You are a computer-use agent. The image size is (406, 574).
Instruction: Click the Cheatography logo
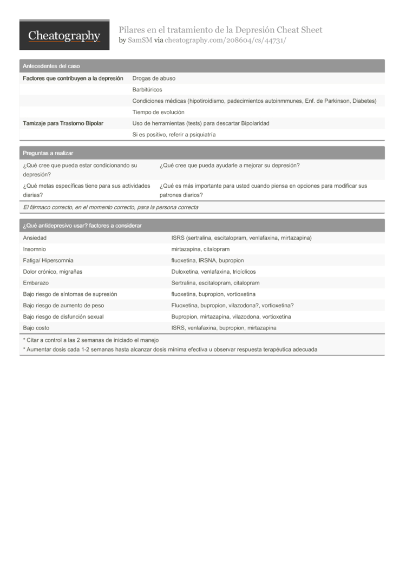click(64, 36)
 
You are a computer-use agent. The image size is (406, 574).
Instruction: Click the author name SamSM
click(140, 41)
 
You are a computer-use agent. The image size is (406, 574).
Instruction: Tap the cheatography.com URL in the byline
click(225, 41)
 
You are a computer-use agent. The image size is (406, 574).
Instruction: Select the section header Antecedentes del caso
click(51, 66)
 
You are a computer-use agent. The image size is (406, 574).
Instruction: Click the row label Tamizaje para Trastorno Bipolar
click(63, 123)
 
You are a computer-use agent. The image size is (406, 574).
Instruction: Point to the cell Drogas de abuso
click(154, 78)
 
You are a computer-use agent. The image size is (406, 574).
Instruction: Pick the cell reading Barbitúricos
click(147, 90)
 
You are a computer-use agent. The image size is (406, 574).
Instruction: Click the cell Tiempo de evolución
click(158, 112)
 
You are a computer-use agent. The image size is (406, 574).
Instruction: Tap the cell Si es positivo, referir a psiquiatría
click(174, 134)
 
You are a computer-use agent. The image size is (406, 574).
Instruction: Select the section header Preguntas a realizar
click(48, 153)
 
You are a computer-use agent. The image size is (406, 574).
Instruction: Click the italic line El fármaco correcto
click(110, 207)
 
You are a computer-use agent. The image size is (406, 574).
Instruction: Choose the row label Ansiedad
click(35, 237)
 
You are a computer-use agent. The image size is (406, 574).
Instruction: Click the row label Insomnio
click(35, 249)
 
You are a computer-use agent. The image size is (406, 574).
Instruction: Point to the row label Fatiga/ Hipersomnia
click(48, 260)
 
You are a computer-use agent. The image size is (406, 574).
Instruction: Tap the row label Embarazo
click(36, 283)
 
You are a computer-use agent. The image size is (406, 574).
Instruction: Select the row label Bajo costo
click(36, 328)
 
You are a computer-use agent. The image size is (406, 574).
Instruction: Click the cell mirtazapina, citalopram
click(200, 249)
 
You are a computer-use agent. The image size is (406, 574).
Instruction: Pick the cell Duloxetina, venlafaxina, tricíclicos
click(213, 272)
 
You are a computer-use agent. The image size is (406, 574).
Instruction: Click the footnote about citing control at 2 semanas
click(90, 340)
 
